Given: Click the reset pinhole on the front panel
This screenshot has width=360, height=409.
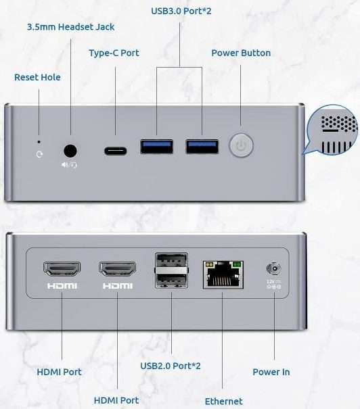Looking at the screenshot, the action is tap(39, 142).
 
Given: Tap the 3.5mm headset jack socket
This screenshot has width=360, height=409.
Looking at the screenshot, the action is tap(70, 151).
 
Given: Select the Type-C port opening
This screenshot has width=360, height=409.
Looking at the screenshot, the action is tap(116, 151).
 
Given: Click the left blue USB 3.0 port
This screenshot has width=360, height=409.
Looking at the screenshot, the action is tap(156, 147).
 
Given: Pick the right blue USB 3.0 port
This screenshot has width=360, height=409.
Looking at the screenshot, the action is tap(202, 147).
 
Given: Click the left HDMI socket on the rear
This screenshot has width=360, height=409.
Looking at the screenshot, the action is tap(62, 268).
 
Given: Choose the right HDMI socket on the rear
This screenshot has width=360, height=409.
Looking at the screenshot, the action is tap(118, 269).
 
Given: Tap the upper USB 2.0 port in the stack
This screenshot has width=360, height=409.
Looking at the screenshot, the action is tap(171, 260).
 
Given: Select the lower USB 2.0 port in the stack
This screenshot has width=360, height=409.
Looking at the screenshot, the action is tap(171, 281).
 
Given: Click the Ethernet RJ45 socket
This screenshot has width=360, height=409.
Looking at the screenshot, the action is tap(223, 274).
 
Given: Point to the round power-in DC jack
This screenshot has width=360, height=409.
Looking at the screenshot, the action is tap(274, 268).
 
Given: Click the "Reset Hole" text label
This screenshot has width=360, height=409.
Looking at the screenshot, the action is tap(37, 77).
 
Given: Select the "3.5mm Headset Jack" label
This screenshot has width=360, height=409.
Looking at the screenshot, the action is tap(71, 27).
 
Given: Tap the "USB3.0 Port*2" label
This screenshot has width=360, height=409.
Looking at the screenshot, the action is tap(181, 11).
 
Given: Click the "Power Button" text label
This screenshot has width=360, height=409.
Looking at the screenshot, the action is tap(241, 53).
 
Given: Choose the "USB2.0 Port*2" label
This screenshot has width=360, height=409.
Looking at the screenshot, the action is tap(171, 366).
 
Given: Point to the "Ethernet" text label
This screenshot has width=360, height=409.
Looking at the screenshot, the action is tap(224, 401).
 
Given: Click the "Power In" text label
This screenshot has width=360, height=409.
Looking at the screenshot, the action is tap(271, 372).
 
